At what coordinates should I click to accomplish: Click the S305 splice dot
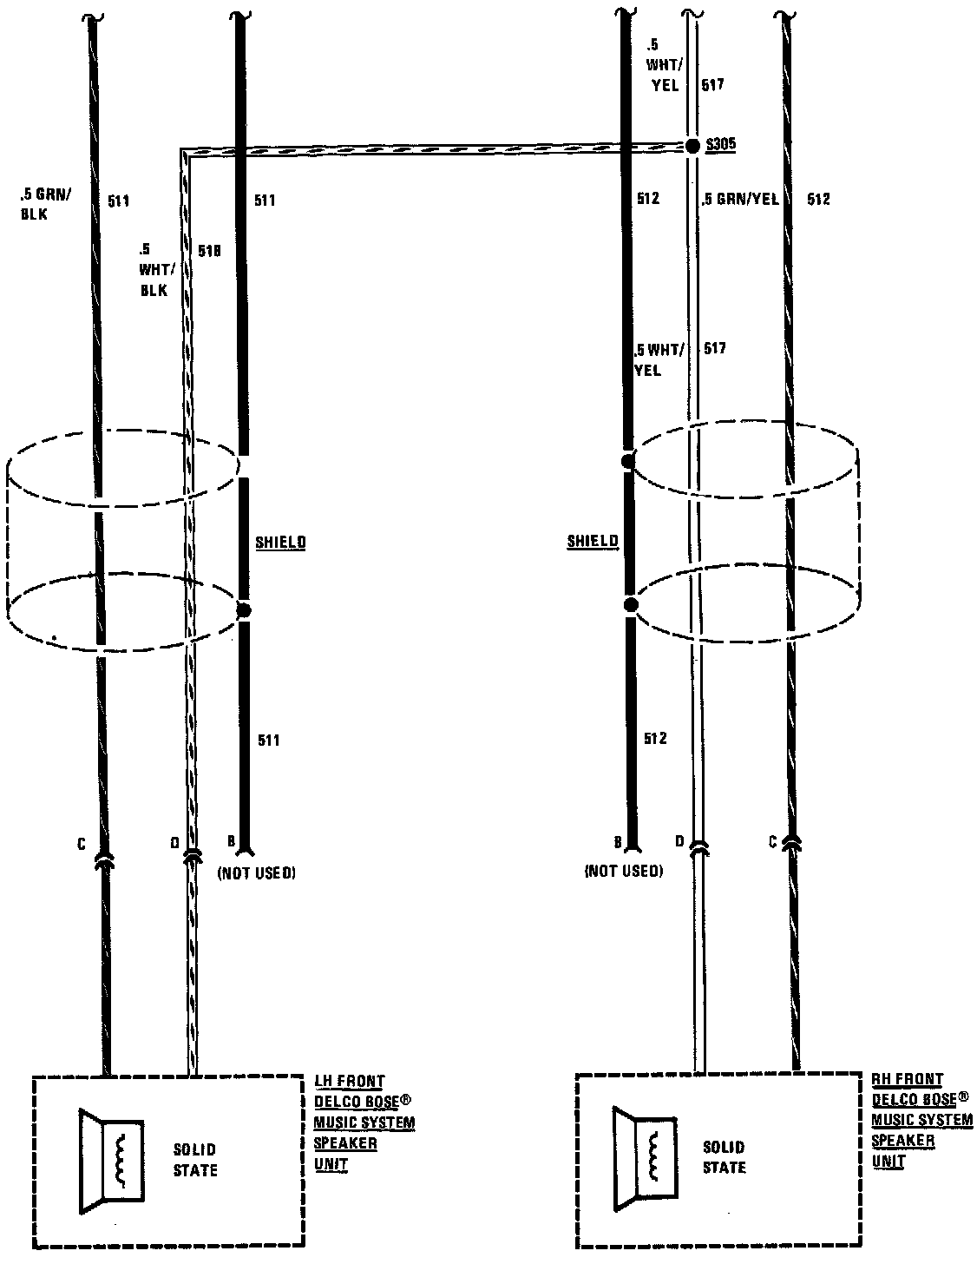point(692,146)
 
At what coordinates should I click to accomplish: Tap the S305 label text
point(721,144)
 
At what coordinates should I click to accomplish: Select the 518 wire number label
point(210,251)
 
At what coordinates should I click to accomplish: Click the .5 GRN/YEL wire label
point(740,200)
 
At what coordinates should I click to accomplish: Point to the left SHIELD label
point(280,543)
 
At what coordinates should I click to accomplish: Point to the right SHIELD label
point(593,541)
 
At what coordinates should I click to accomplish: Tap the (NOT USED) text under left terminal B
point(256,872)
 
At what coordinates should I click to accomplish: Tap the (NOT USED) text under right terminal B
point(624,871)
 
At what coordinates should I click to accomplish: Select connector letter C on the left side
point(82,843)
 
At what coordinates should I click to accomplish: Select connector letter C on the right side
point(771,840)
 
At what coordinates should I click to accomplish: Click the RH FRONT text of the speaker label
point(907,1080)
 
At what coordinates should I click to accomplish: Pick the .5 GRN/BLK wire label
point(46,204)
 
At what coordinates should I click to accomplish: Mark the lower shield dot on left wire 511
point(243,610)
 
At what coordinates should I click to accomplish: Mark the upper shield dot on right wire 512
point(627,462)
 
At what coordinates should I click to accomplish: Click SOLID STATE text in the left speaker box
point(195,1160)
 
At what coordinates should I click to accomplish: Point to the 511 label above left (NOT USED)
point(269,741)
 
